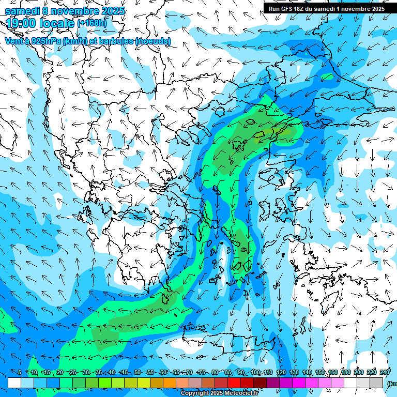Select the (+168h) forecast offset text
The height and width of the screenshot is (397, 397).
(92, 23)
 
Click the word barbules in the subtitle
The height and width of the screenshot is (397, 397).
(116, 41)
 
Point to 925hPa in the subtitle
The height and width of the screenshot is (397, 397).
(44, 41)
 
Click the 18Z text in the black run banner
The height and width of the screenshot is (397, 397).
(298, 9)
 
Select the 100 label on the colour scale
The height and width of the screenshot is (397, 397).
(255, 373)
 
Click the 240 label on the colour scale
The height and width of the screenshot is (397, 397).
(384, 373)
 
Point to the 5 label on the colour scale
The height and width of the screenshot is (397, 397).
(20, 373)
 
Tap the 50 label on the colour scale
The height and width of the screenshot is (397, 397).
(138, 373)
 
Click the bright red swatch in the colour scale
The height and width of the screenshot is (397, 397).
(234, 383)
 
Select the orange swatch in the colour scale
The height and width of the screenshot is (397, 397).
(170, 383)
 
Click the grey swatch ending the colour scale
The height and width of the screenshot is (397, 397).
(377, 383)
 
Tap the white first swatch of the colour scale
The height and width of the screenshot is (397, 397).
(14, 383)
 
